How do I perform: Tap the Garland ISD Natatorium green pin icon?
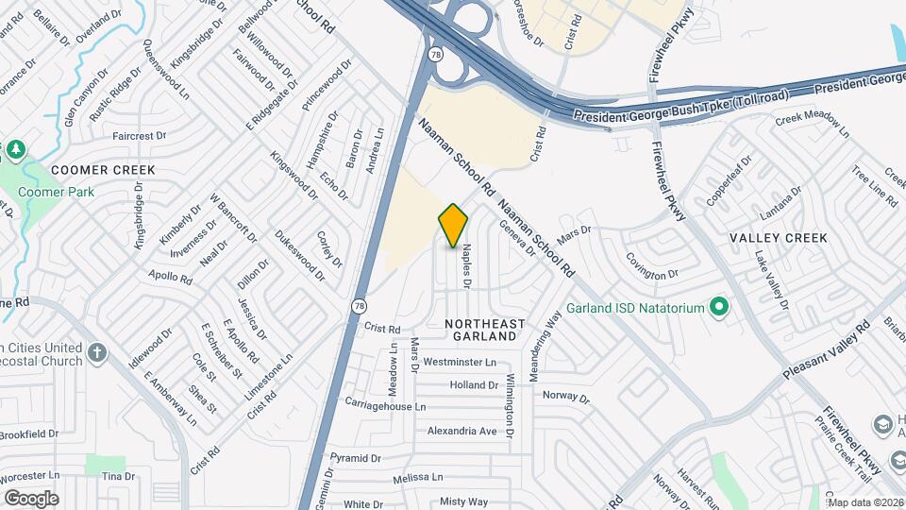pos(719,307)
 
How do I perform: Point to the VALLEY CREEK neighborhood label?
pos(779,238)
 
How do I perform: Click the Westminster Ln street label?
pos(460,362)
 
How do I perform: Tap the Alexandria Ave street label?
pos(461,431)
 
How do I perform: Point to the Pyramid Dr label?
pos(355,457)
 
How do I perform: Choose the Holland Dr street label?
pos(474,384)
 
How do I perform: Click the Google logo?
pos(30,498)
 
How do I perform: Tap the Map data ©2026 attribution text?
pos(865,502)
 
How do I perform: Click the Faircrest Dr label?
pos(139,136)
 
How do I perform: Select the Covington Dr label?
pos(652,273)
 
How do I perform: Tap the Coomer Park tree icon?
pos(16,150)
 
